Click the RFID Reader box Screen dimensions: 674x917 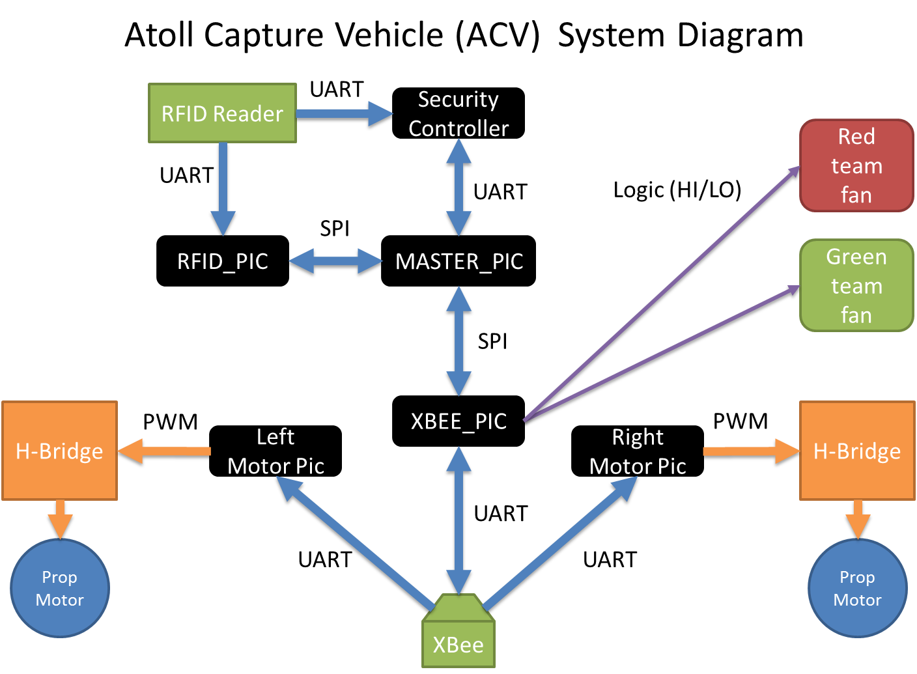[x=222, y=113]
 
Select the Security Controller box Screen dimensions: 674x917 [x=458, y=113]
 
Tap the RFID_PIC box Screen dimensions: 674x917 [x=222, y=261]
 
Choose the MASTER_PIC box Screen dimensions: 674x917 [x=458, y=261]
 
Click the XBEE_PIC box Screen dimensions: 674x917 [x=458, y=421]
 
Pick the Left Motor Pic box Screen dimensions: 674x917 [x=275, y=451]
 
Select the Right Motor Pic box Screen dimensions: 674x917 [x=637, y=451]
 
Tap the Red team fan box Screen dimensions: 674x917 [x=856, y=165]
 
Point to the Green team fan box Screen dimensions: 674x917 [x=856, y=286]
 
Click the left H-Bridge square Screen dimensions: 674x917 [x=59, y=451]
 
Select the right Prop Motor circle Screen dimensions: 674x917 [x=857, y=588]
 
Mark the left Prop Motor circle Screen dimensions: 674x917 [x=59, y=588]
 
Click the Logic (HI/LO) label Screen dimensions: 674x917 [x=677, y=190]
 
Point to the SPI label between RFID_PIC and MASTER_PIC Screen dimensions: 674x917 [x=334, y=229]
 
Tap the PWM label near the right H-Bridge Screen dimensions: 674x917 [x=741, y=421]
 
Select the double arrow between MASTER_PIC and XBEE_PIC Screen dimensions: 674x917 [x=458, y=341]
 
